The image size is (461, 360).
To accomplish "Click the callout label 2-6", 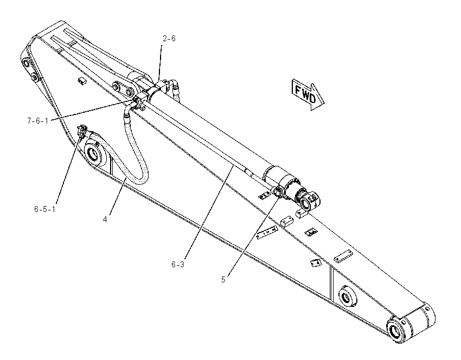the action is point(169,38).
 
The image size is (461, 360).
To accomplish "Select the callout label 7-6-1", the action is point(37,121).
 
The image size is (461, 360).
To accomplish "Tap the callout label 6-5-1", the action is point(44,209).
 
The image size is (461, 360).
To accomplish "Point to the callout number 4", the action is point(105,219).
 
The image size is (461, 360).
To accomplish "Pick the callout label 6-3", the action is point(178,265).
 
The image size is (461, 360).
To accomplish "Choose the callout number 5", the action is point(223,280).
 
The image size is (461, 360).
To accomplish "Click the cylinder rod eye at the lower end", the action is point(310,201).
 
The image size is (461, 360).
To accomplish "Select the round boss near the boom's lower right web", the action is point(348,297).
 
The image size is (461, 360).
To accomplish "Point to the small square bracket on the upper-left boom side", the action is point(82,81).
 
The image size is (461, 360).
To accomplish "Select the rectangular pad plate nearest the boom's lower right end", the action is point(343,255).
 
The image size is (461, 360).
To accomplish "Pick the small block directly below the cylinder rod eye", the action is point(302,214).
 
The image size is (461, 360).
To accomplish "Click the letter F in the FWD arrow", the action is point(298,90).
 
